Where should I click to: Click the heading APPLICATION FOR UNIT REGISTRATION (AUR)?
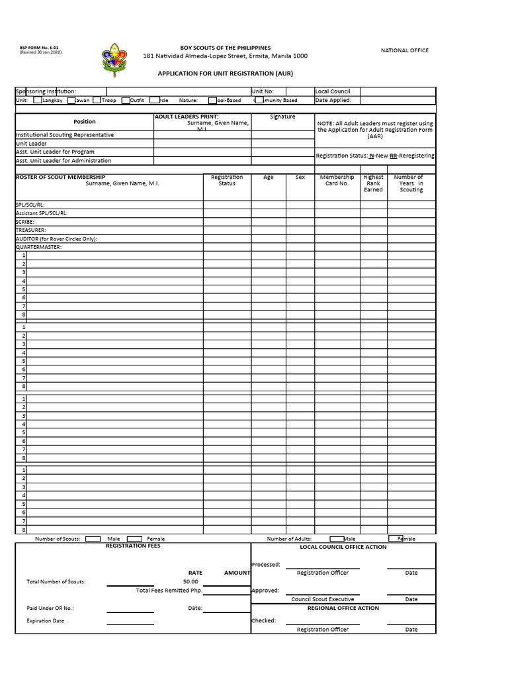(225, 73)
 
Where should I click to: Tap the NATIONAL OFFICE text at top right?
(404, 50)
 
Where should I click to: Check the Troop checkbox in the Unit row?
(97, 101)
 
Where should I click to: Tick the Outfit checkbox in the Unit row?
(126, 101)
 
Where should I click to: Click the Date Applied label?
(333, 101)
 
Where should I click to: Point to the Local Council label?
(333, 91)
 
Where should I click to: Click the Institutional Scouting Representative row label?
(65, 135)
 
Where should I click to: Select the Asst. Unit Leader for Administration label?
(63, 161)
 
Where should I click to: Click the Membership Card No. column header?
(337, 180)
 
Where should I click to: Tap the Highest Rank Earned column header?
(373, 183)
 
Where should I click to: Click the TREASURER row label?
(31, 230)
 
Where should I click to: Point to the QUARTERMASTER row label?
(38, 247)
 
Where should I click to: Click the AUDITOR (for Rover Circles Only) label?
(56, 239)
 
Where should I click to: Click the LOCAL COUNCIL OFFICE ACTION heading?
(343, 547)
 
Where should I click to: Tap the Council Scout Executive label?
(323, 599)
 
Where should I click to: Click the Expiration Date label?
(46, 621)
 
